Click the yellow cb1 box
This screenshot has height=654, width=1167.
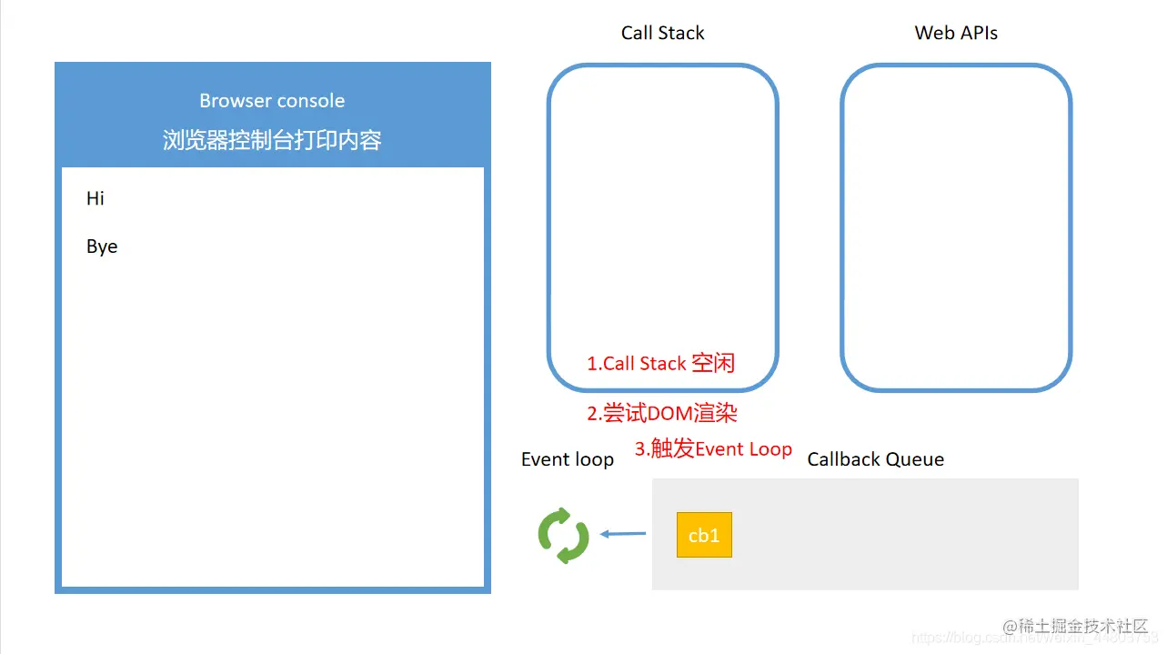tap(704, 535)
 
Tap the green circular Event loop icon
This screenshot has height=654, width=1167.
tap(564, 536)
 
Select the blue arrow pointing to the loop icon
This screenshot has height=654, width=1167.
tap(622, 534)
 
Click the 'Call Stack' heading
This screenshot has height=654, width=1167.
tap(662, 34)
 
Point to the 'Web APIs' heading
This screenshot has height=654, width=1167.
tap(956, 34)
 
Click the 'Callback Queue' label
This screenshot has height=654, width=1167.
tap(875, 459)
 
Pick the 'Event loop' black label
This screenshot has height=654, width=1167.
tap(567, 459)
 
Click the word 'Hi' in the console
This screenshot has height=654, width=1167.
tap(96, 198)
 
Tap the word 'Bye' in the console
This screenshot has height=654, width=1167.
tap(102, 247)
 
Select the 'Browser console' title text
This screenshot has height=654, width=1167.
tap(272, 101)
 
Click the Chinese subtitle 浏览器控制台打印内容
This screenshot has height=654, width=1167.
tap(272, 140)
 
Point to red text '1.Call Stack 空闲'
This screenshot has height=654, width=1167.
tap(660, 364)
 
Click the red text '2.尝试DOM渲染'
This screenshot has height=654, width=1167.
tap(661, 413)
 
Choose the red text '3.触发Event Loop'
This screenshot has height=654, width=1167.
tap(713, 448)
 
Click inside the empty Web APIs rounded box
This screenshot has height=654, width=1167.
tap(956, 227)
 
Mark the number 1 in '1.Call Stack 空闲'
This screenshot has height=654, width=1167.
tap(591, 364)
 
